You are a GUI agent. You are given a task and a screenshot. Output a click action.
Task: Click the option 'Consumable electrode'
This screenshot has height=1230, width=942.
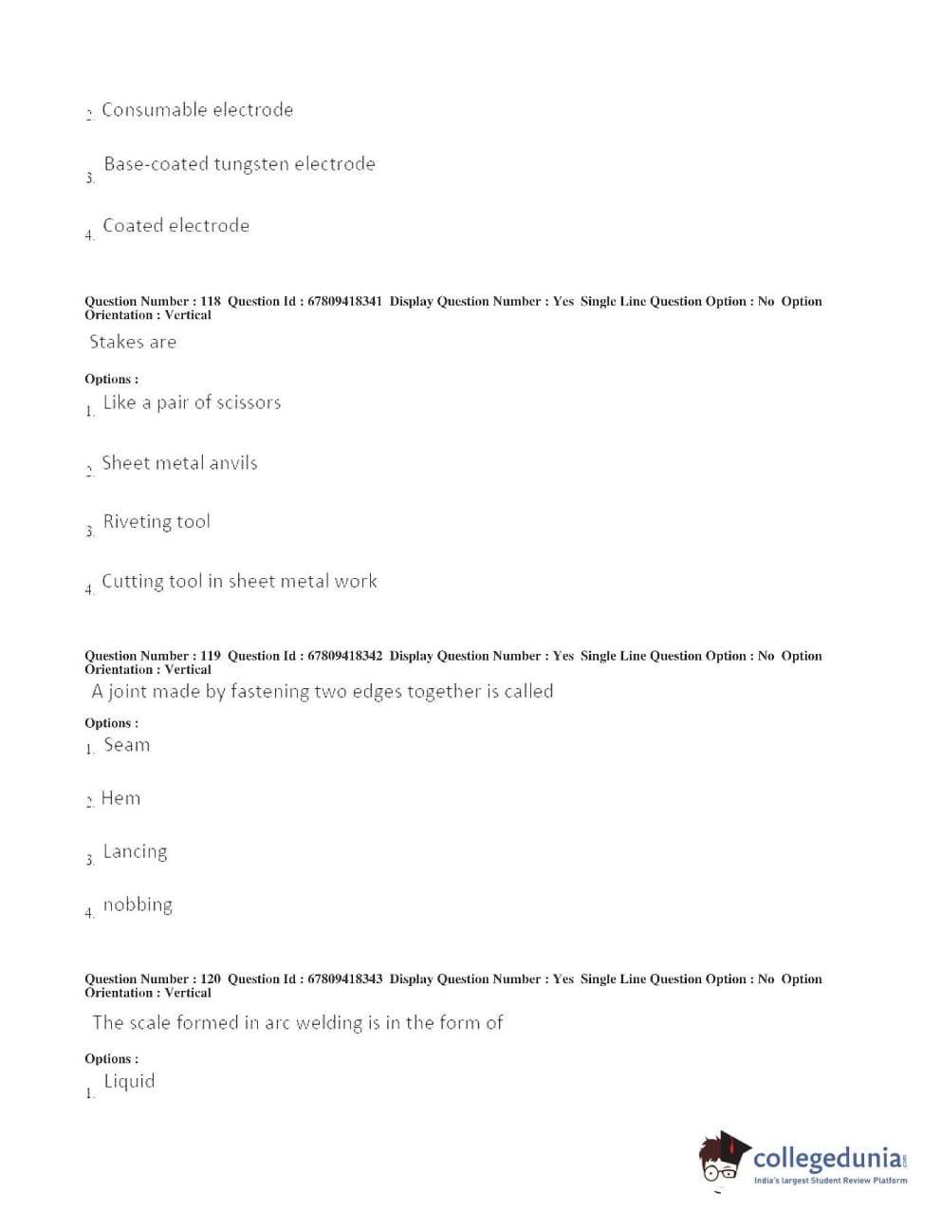click(196, 110)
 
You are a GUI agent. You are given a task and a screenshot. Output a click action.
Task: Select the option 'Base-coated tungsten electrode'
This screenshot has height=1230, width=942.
click(239, 164)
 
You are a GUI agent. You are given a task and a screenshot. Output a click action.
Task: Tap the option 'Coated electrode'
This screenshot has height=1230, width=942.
click(175, 226)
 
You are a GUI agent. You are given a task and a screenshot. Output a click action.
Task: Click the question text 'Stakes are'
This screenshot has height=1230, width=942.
click(133, 342)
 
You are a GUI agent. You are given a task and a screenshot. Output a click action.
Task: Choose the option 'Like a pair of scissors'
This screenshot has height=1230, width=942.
click(192, 402)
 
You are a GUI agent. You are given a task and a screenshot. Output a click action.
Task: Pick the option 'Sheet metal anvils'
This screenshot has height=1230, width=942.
click(179, 463)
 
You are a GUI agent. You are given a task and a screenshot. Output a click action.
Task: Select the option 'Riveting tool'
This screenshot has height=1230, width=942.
click(157, 521)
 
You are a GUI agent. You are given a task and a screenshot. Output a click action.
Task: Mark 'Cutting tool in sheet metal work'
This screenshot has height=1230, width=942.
click(239, 581)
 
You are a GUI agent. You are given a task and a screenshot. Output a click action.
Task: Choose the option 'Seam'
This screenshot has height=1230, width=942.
click(126, 745)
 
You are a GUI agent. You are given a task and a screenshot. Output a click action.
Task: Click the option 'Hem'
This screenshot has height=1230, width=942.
click(120, 798)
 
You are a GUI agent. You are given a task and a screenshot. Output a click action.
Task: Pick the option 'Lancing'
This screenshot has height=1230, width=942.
click(135, 851)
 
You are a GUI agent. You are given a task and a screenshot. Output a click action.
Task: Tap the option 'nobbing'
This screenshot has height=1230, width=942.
click(138, 904)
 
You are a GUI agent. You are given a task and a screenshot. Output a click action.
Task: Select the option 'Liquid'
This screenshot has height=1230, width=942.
click(129, 1081)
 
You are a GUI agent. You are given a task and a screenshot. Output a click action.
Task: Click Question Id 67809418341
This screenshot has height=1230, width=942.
click(344, 301)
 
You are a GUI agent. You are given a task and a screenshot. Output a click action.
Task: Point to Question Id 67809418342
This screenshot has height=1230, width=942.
click(344, 656)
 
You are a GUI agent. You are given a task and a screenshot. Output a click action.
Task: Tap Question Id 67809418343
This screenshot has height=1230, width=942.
click(344, 978)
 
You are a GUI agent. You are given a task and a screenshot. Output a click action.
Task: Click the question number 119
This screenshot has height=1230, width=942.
click(210, 656)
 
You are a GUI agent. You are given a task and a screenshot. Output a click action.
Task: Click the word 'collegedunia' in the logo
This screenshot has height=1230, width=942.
click(827, 1158)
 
